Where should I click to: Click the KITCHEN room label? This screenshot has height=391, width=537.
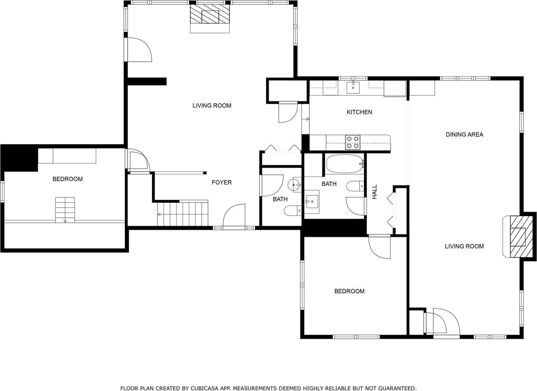359,112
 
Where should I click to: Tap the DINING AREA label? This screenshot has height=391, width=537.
464,135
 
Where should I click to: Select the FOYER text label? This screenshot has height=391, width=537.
222,183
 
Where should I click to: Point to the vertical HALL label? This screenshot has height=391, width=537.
374,192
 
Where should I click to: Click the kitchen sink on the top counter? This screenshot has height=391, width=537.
353,86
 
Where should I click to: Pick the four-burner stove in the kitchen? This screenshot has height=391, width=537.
353,142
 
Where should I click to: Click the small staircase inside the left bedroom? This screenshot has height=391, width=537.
65,210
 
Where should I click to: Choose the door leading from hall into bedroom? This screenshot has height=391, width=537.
380,246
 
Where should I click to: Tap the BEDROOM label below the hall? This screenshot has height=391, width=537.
349,291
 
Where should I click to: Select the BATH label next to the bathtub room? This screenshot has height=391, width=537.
329,184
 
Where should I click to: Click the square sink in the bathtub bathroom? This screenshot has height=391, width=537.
311,202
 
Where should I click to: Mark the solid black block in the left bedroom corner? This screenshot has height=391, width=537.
19,158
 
